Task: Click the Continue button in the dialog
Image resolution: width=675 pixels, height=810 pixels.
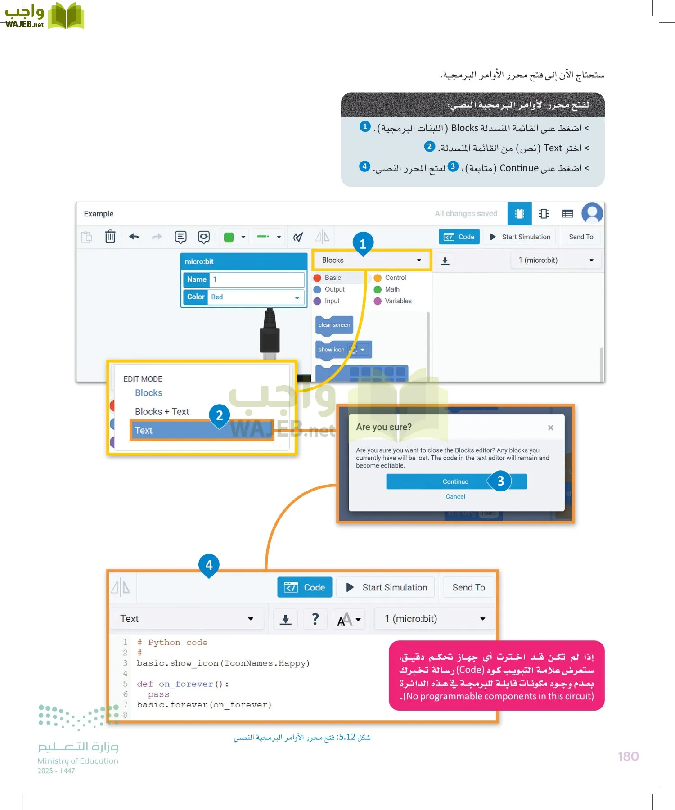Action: click(x=455, y=481)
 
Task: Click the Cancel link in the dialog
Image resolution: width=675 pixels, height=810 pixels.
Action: click(x=455, y=496)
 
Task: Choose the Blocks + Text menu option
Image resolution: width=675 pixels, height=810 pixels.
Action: click(x=162, y=412)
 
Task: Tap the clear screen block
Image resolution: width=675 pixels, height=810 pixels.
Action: click(x=334, y=325)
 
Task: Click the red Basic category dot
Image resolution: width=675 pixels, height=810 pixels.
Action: click(x=317, y=278)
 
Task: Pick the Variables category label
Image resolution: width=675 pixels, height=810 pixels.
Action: click(x=398, y=301)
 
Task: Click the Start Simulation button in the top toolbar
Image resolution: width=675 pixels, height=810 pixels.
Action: click(x=520, y=237)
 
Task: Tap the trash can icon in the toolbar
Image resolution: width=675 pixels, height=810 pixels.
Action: click(x=110, y=237)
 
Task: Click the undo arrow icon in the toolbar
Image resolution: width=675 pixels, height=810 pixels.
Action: click(x=134, y=237)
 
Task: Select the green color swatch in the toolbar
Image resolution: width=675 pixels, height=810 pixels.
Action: click(x=229, y=237)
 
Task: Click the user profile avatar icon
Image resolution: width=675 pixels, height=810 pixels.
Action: click(x=592, y=213)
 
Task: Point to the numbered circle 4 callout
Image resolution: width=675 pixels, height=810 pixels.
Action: click(x=209, y=565)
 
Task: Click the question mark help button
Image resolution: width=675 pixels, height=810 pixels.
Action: click(x=315, y=619)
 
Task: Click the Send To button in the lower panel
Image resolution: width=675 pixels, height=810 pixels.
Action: click(x=468, y=587)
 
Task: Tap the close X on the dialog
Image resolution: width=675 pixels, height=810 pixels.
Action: click(x=550, y=427)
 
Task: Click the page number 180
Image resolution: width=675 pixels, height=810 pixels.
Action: click(x=628, y=756)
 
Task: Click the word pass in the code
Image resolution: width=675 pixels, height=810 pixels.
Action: click(x=158, y=694)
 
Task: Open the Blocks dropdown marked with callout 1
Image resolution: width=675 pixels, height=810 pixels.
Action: click(x=372, y=260)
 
